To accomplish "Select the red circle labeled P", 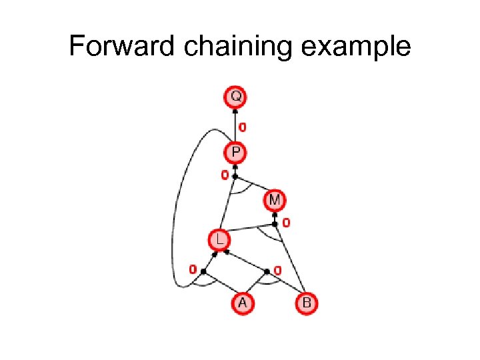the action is (x=235, y=153).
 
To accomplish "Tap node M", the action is (x=274, y=199).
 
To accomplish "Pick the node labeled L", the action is (x=218, y=238).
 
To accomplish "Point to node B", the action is (x=306, y=303).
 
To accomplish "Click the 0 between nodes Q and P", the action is (x=242, y=126).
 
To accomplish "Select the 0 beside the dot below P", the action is (x=225, y=175).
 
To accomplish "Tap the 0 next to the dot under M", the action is (x=285, y=222).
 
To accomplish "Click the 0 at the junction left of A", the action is (x=192, y=270).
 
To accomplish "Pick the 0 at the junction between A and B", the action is (x=277, y=270).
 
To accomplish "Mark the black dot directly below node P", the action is (x=235, y=176).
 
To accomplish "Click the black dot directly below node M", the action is (x=275, y=223).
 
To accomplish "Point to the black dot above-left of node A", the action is (x=203, y=271).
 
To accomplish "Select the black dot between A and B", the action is (x=267, y=271).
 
